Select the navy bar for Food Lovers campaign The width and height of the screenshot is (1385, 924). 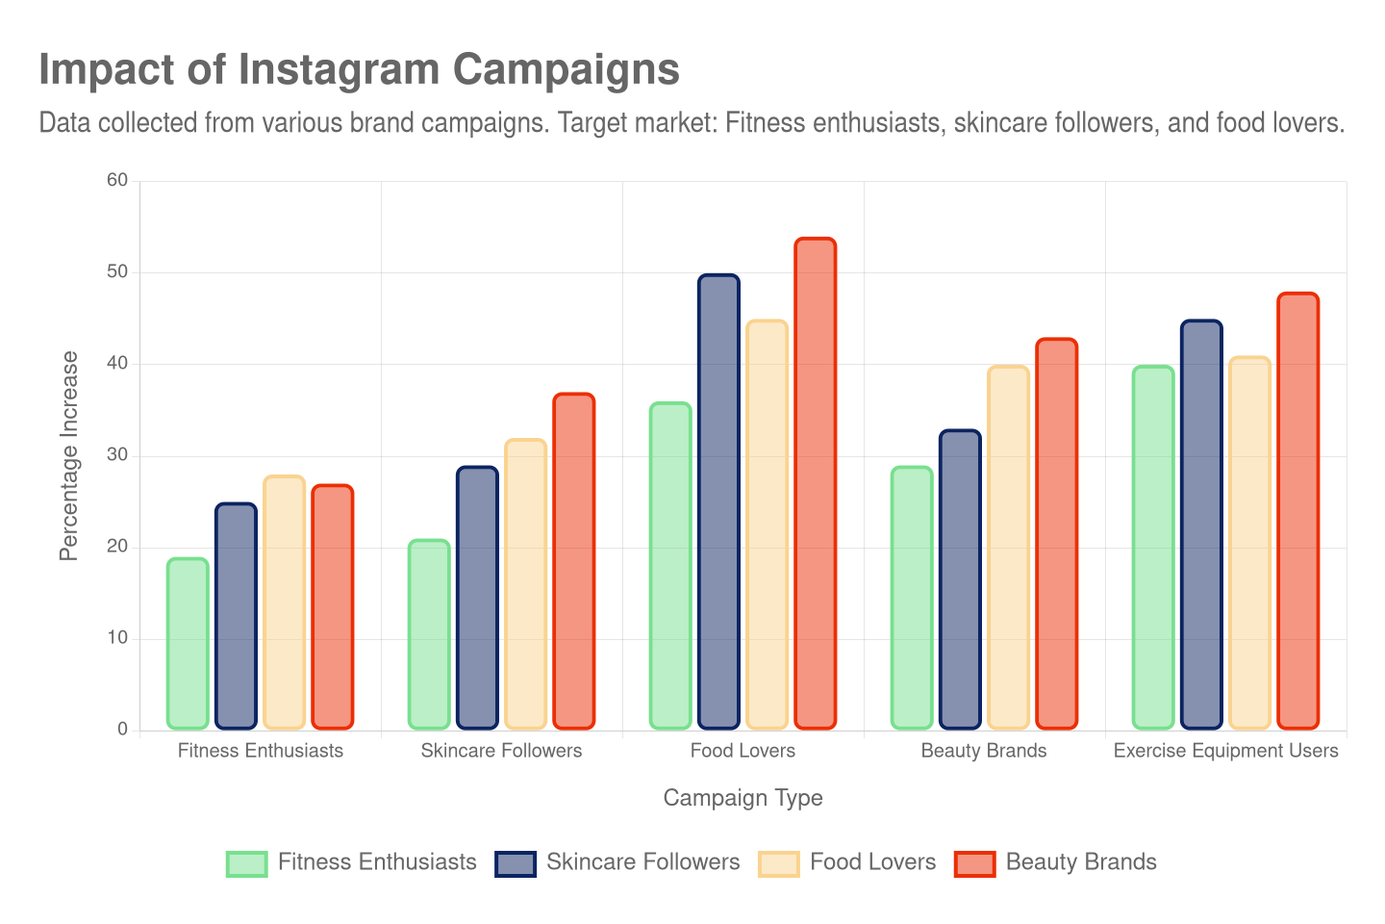pyautogui.click(x=718, y=501)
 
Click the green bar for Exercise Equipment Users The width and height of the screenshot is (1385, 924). pyautogui.click(x=1152, y=548)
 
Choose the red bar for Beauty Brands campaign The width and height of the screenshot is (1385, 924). pyautogui.click(x=1056, y=533)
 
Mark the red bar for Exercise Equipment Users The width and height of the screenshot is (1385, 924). pyautogui.click(x=1297, y=510)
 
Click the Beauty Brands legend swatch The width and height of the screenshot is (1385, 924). pyautogui.click(x=974, y=863)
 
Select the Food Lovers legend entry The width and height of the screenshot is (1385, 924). pyautogui.click(x=872, y=862)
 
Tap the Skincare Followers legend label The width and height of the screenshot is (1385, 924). pyautogui.click(x=642, y=862)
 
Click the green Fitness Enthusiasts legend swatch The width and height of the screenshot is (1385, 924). pyautogui.click(x=246, y=863)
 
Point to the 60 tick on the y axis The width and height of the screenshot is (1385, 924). pyautogui.click(x=117, y=180)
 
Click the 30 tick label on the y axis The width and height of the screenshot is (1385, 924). pyautogui.click(x=117, y=454)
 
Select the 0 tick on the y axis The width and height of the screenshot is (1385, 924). pyautogui.click(x=122, y=729)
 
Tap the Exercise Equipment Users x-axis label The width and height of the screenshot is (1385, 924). pyautogui.click(x=1225, y=751)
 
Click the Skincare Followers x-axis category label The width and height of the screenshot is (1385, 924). pyautogui.click(x=501, y=751)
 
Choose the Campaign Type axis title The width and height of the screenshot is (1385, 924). pyautogui.click(x=743, y=798)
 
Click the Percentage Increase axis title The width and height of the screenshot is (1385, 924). pyautogui.click(x=68, y=455)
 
